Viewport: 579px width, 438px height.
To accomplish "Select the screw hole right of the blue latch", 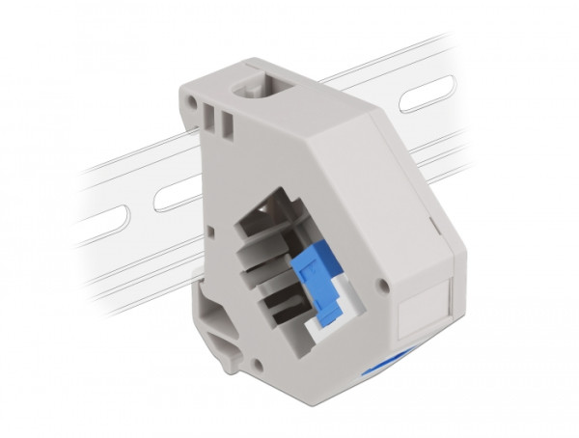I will (385, 287).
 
